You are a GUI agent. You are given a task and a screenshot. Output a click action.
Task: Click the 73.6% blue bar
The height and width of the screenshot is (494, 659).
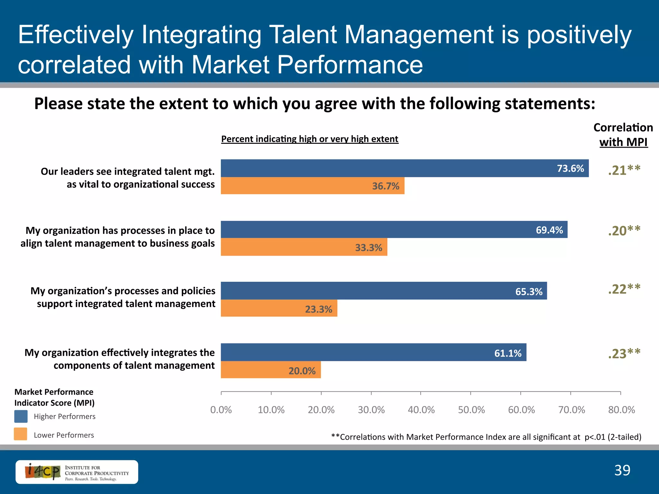point(404,168)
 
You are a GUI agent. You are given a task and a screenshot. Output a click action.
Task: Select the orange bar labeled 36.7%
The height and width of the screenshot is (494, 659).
point(312,186)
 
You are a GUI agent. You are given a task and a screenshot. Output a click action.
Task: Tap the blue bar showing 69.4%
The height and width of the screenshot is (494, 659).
point(394,230)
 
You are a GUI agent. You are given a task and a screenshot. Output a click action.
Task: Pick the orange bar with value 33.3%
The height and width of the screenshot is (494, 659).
point(304,247)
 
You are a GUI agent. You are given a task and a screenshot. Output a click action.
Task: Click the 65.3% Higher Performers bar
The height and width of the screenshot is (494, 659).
point(384,291)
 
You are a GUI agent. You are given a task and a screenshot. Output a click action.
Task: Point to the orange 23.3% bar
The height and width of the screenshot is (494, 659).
point(279,308)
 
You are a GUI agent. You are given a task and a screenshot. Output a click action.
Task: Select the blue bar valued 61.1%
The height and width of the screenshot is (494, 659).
point(373,352)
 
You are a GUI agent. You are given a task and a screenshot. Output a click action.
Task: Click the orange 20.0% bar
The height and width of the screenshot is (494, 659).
point(270,370)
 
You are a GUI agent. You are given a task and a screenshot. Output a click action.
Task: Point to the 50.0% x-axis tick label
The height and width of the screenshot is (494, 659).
point(471,410)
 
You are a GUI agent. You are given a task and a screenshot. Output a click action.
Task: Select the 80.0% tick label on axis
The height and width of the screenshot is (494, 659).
point(621,410)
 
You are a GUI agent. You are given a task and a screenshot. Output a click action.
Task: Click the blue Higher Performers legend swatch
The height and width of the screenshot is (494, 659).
point(21,416)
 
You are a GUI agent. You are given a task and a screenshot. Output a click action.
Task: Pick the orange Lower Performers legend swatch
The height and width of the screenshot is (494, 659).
point(21,434)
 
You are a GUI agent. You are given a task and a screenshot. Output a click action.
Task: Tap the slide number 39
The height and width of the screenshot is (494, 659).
point(622,471)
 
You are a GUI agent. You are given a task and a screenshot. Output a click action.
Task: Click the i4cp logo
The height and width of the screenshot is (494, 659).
point(77,472)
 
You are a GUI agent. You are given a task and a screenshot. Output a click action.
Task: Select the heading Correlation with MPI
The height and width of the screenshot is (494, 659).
point(623,135)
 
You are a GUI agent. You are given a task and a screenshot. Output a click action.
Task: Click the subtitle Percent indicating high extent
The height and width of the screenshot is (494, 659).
point(310,139)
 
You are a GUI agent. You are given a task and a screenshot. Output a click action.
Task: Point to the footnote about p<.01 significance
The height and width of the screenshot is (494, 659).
point(486,437)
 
